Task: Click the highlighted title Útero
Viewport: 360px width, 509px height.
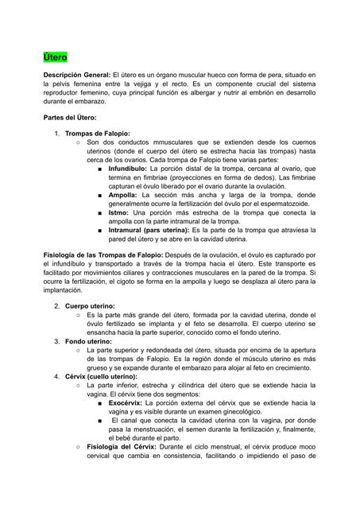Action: (x=56, y=58)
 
